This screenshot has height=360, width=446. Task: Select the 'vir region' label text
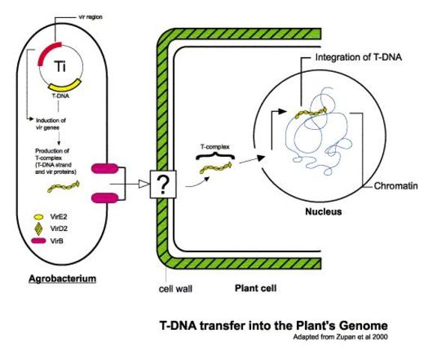91,16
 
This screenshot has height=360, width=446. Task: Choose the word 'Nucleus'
323,212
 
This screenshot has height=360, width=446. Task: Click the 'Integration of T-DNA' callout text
360,58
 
